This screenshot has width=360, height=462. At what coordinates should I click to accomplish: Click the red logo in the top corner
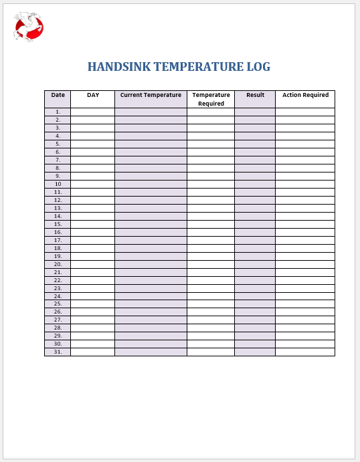click(28, 27)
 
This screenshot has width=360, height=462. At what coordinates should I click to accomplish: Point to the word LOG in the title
click(260, 67)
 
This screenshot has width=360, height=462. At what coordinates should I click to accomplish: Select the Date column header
click(58, 95)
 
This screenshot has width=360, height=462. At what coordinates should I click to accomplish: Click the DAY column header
click(93, 95)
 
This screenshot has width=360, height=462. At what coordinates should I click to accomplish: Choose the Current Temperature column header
click(151, 95)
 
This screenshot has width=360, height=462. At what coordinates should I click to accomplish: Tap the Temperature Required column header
click(211, 99)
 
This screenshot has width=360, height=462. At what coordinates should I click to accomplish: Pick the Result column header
click(255, 95)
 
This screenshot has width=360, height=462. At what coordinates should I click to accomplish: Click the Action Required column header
click(305, 95)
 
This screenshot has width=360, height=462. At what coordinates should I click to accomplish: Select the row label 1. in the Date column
click(58, 112)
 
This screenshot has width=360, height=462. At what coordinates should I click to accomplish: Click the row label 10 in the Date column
click(58, 184)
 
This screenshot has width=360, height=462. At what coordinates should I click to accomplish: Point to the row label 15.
click(58, 224)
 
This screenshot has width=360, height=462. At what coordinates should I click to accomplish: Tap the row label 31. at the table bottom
click(58, 352)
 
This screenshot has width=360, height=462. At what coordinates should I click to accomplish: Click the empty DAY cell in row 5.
click(93, 144)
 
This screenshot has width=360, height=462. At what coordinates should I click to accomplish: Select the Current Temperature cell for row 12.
click(151, 200)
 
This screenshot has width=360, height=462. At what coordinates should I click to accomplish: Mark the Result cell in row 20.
click(255, 264)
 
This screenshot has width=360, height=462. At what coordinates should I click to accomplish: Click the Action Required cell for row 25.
click(305, 304)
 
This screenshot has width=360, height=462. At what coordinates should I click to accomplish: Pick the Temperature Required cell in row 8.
click(211, 168)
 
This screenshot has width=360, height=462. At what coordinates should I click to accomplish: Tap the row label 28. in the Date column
click(58, 328)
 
